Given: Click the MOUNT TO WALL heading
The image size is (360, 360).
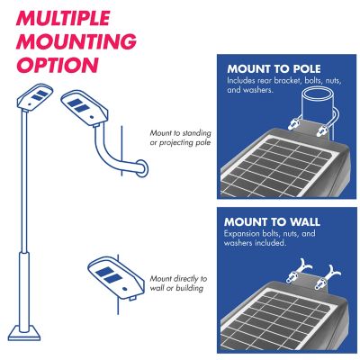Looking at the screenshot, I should [x=273, y=221].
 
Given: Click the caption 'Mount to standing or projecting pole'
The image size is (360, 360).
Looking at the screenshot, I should [x=180, y=138].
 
